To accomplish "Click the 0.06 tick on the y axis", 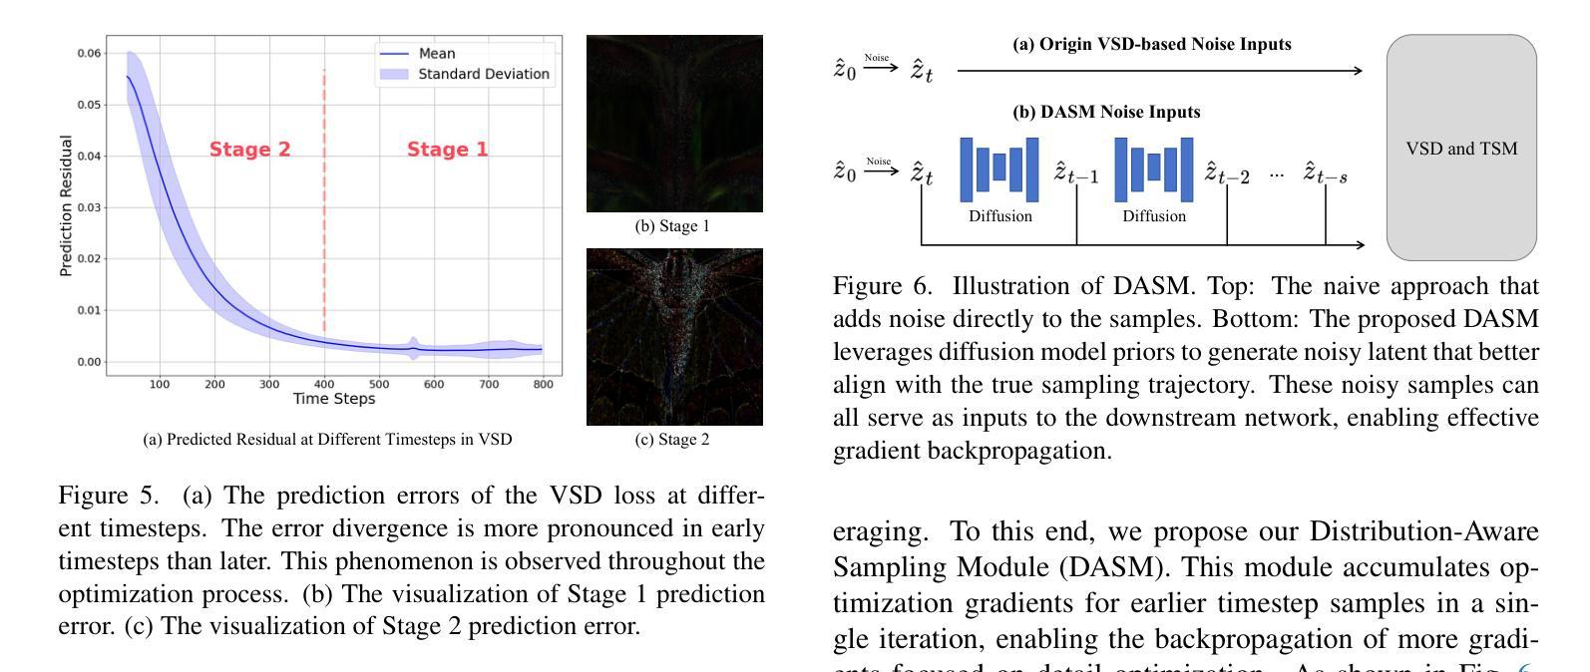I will pos(89,54).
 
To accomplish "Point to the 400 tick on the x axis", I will pos(324,384).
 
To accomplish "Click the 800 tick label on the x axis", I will pos(543,384).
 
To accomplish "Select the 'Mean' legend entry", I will pos(437,54).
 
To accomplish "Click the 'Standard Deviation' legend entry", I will pos(483,74).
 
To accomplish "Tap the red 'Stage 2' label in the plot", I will pos(249,150).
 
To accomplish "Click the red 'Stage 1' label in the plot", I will pos(448,150).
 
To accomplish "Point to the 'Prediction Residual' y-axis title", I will pos(67,206).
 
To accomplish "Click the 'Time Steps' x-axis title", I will pos(334,399).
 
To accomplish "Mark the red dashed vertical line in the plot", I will pos(324,199).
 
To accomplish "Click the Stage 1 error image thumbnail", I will pos(674,124).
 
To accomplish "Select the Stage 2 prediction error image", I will pos(674,337).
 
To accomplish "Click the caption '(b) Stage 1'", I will pos(672,226).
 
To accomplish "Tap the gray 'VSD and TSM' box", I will pos(1461,149).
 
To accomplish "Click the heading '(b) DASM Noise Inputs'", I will pos(1106,113).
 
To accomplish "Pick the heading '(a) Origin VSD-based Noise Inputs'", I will pos(1152,45).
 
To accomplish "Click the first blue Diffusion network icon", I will pos(999,169).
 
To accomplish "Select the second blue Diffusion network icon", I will pos(1154,169).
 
